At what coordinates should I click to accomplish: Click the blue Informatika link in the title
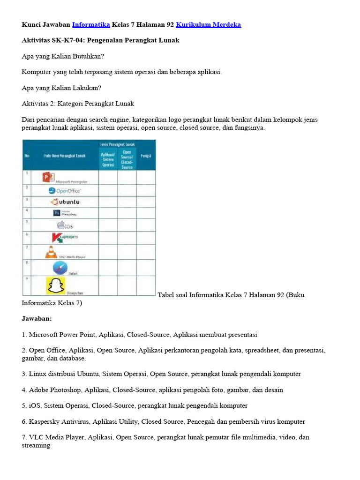pyautogui.click(x=91, y=24)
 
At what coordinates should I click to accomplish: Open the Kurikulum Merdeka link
pyautogui.click(x=209, y=24)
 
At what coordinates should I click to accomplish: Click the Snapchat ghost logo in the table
pyautogui.click(x=55, y=285)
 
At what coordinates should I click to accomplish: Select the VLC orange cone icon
pyautogui.click(x=50, y=252)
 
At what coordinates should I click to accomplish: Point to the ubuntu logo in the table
pyautogui.click(x=65, y=202)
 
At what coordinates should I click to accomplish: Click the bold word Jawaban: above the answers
pyautogui.click(x=37, y=319)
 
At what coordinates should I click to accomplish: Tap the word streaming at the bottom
pyautogui.click(x=36, y=445)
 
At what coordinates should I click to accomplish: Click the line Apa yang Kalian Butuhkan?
pyautogui.click(x=63, y=56)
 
